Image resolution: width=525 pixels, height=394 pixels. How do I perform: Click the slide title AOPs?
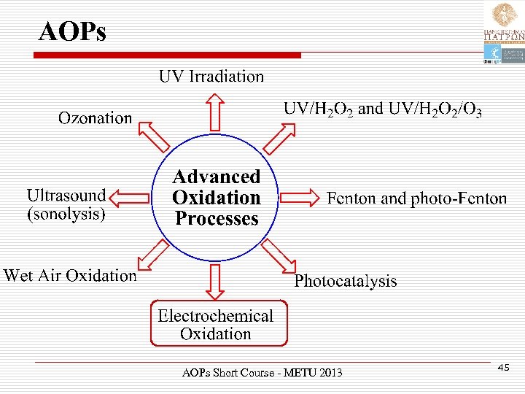[x=72, y=31]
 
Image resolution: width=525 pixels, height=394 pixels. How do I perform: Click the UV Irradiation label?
[x=211, y=77]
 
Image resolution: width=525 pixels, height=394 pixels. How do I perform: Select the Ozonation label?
[x=96, y=118]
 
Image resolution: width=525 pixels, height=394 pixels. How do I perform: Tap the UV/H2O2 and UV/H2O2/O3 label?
[x=382, y=109]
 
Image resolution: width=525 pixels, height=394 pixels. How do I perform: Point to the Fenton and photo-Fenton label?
[x=416, y=198]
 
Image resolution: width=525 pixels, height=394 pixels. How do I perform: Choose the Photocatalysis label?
[x=346, y=281]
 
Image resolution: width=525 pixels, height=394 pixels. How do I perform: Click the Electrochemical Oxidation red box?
[x=217, y=324]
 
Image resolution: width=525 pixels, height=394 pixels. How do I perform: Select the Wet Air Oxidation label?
[x=70, y=276]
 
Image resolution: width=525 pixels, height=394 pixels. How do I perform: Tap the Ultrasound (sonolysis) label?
[x=66, y=204]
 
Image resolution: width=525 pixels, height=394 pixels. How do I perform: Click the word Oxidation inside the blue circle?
[x=216, y=198]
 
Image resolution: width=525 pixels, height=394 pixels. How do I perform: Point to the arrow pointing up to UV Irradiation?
[x=214, y=110]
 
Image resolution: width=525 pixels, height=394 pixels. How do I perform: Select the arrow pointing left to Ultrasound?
[x=132, y=197]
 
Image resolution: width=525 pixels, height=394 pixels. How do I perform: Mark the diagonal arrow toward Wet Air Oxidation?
[x=154, y=256]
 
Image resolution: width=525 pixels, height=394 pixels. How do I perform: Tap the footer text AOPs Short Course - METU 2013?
[x=262, y=373]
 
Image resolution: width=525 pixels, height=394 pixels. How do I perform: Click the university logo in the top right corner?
[x=503, y=33]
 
